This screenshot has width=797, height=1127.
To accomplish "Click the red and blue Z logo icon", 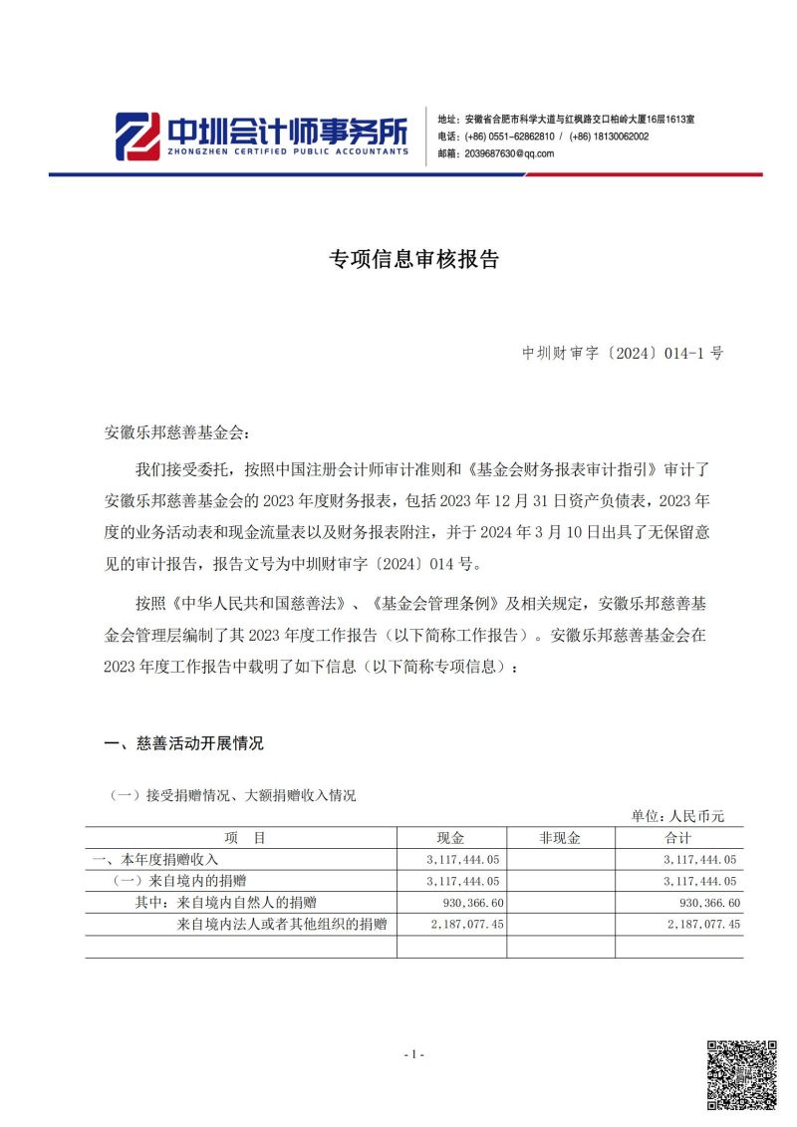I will (x=136, y=135).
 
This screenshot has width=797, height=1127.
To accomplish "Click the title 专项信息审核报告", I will (x=413, y=260).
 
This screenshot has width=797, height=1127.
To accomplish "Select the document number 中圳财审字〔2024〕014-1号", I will (x=623, y=353).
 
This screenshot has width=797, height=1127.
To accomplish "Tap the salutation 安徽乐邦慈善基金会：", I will (x=179, y=434).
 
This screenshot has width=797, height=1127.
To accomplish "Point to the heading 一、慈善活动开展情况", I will (x=184, y=743).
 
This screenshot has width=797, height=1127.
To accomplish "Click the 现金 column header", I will (x=451, y=838).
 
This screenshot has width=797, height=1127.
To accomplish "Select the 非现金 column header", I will (x=561, y=838).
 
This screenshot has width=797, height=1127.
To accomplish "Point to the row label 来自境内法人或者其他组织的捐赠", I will (x=281, y=925).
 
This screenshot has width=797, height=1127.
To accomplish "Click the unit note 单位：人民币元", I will (x=678, y=817).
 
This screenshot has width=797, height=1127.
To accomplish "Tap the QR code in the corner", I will (x=741, y=1075).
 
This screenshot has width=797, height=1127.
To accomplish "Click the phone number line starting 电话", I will (x=543, y=137).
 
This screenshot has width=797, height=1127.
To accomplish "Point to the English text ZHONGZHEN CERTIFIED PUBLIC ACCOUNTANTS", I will (x=287, y=151).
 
